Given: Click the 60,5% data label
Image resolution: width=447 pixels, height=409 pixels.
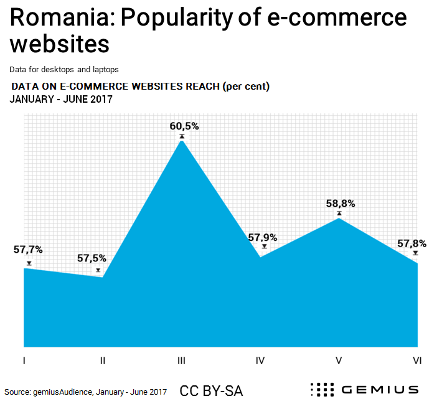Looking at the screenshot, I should tap(184, 126).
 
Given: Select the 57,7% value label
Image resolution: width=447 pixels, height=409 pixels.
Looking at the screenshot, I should tap(28, 250).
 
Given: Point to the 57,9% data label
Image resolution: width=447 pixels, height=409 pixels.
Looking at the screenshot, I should tap(263, 237).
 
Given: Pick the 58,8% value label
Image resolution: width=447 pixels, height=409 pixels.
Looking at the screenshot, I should tap(341, 204).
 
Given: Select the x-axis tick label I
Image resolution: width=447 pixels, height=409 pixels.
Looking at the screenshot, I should tap(24, 360).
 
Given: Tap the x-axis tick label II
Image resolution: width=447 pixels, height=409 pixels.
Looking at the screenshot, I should tap(102, 360).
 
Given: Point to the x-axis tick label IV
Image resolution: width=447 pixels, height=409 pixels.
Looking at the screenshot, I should tap(260, 360).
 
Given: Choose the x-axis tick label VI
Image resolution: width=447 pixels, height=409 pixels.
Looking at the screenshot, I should tap(417, 360).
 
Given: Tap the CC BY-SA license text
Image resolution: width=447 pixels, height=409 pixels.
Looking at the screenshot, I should tap(211, 391).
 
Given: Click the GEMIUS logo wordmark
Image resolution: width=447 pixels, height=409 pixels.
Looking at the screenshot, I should tap(379, 390).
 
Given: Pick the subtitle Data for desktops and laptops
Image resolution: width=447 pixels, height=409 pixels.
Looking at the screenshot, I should tap(64, 70).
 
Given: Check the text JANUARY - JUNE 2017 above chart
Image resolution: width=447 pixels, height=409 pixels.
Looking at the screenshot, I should tap(60, 99).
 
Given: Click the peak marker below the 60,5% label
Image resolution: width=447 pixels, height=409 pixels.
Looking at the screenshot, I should tap(182, 136).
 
